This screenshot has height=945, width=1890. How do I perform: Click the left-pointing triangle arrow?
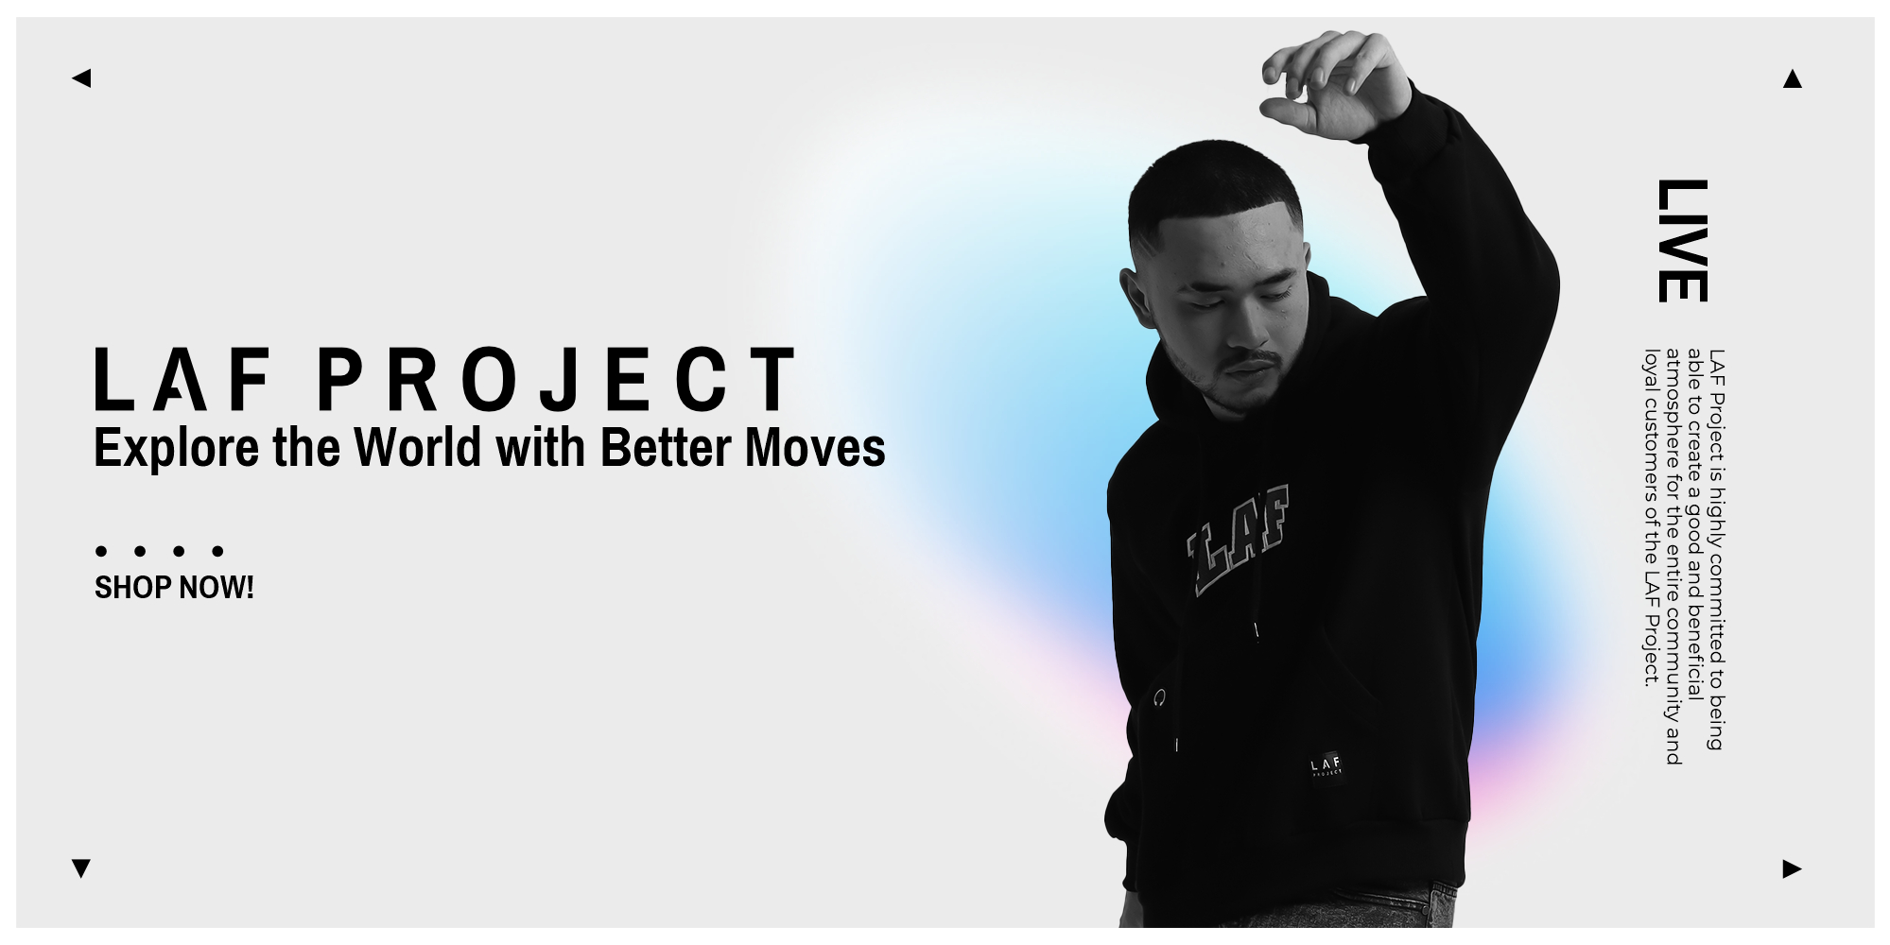click(x=81, y=77)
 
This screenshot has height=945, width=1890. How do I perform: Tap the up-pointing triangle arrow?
click(x=1792, y=78)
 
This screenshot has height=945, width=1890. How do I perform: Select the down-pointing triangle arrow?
click(x=81, y=868)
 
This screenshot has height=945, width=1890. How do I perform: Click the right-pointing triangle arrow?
click(x=1792, y=868)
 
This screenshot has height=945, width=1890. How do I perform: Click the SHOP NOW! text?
click(x=174, y=588)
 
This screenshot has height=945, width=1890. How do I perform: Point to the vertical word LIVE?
click(x=1682, y=240)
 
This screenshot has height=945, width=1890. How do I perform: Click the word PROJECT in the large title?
click(x=556, y=379)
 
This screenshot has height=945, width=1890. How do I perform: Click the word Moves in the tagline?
click(x=815, y=447)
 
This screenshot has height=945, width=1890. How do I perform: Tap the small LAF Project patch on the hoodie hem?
click(x=1326, y=765)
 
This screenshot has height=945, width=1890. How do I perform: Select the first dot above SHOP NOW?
click(x=100, y=551)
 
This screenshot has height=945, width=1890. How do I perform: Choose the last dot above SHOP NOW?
click(x=217, y=551)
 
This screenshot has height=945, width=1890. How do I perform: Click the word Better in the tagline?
click(x=668, y=447)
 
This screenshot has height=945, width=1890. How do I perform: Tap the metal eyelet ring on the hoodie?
click(x=1159, y=698)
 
